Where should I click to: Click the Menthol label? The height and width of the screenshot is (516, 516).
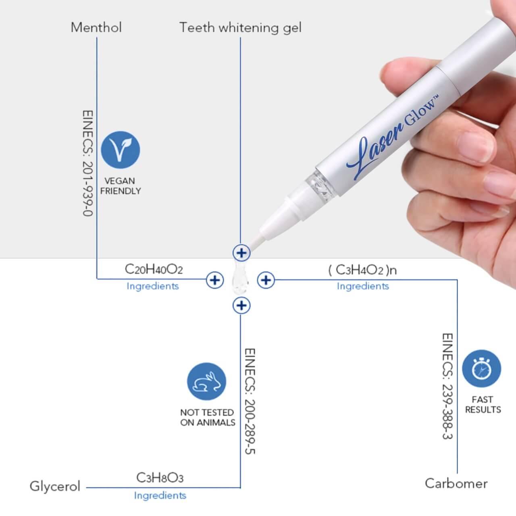pyautogui.click(x=96, y=27)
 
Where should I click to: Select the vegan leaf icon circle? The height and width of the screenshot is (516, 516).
pyautogui.click(x=121, y=150)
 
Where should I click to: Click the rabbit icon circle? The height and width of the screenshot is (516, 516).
pyautogui.click(x=206, y=382)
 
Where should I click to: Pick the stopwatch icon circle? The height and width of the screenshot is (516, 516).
pyautogui.click(x=481, y=368)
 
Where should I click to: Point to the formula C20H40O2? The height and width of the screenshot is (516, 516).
pyautogui.click(x=154, y=269)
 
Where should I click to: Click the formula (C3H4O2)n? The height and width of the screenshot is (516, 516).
pyautogui.click(x=362, y=270)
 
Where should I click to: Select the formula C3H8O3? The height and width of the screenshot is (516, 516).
pyautogui.click(x=160, y=478)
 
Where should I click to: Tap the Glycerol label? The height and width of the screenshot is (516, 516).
pyautogui.click(x=55, y=487)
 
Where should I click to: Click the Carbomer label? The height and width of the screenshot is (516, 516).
pyautogui.click(x=456, y=484)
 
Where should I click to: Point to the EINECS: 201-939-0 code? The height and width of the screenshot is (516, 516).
pyautogui.click(x=88, y=163)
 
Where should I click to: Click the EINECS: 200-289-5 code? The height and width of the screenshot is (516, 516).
pyautogui.click(x=250, y=401)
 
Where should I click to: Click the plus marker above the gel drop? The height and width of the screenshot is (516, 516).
pyautogui.click(x=241, y=253)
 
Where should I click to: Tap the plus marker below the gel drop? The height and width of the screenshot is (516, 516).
pyautogui.click(x=241, y=306)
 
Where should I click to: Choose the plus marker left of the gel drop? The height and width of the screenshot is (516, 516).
pyautogui.click(x=215, y=280)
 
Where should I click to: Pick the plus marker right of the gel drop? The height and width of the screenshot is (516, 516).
pyautogui.click(x=266, y=280)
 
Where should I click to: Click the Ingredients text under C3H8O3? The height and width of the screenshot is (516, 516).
pyautogui.click(x=160, y=496)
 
